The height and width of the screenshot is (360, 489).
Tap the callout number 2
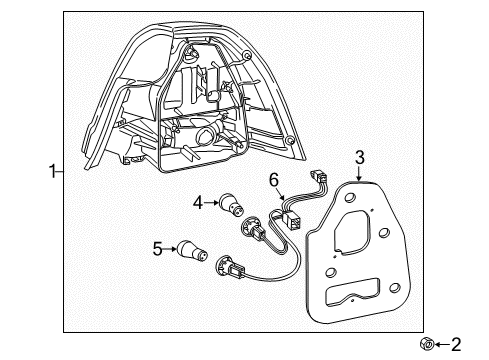[x=456, y=345]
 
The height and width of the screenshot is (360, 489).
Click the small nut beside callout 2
[x=426, y=345]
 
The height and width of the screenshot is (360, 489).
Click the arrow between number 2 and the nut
[x=441, y=345]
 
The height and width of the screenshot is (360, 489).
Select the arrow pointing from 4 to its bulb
[x=213, y=204]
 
